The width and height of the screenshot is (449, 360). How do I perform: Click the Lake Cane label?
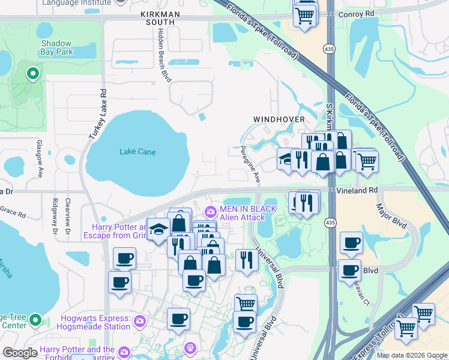tap(137, 152)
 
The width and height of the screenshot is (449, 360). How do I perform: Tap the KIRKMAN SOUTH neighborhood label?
tap(157, 17)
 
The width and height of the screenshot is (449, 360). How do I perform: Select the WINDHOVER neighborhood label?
tap(279, 119)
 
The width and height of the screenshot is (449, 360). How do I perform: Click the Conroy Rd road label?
tap(355, 13)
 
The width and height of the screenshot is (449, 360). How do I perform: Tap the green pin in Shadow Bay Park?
tap(32, 74)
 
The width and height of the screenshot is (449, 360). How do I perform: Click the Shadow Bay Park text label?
tap(56, 48)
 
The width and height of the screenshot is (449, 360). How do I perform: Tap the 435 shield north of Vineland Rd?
tap(329, 47)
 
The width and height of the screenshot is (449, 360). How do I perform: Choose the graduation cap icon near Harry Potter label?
tap(158, 230)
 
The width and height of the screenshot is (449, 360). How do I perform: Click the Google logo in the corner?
tap(20, 353)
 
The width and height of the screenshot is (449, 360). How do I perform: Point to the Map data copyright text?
tap(411, 355)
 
